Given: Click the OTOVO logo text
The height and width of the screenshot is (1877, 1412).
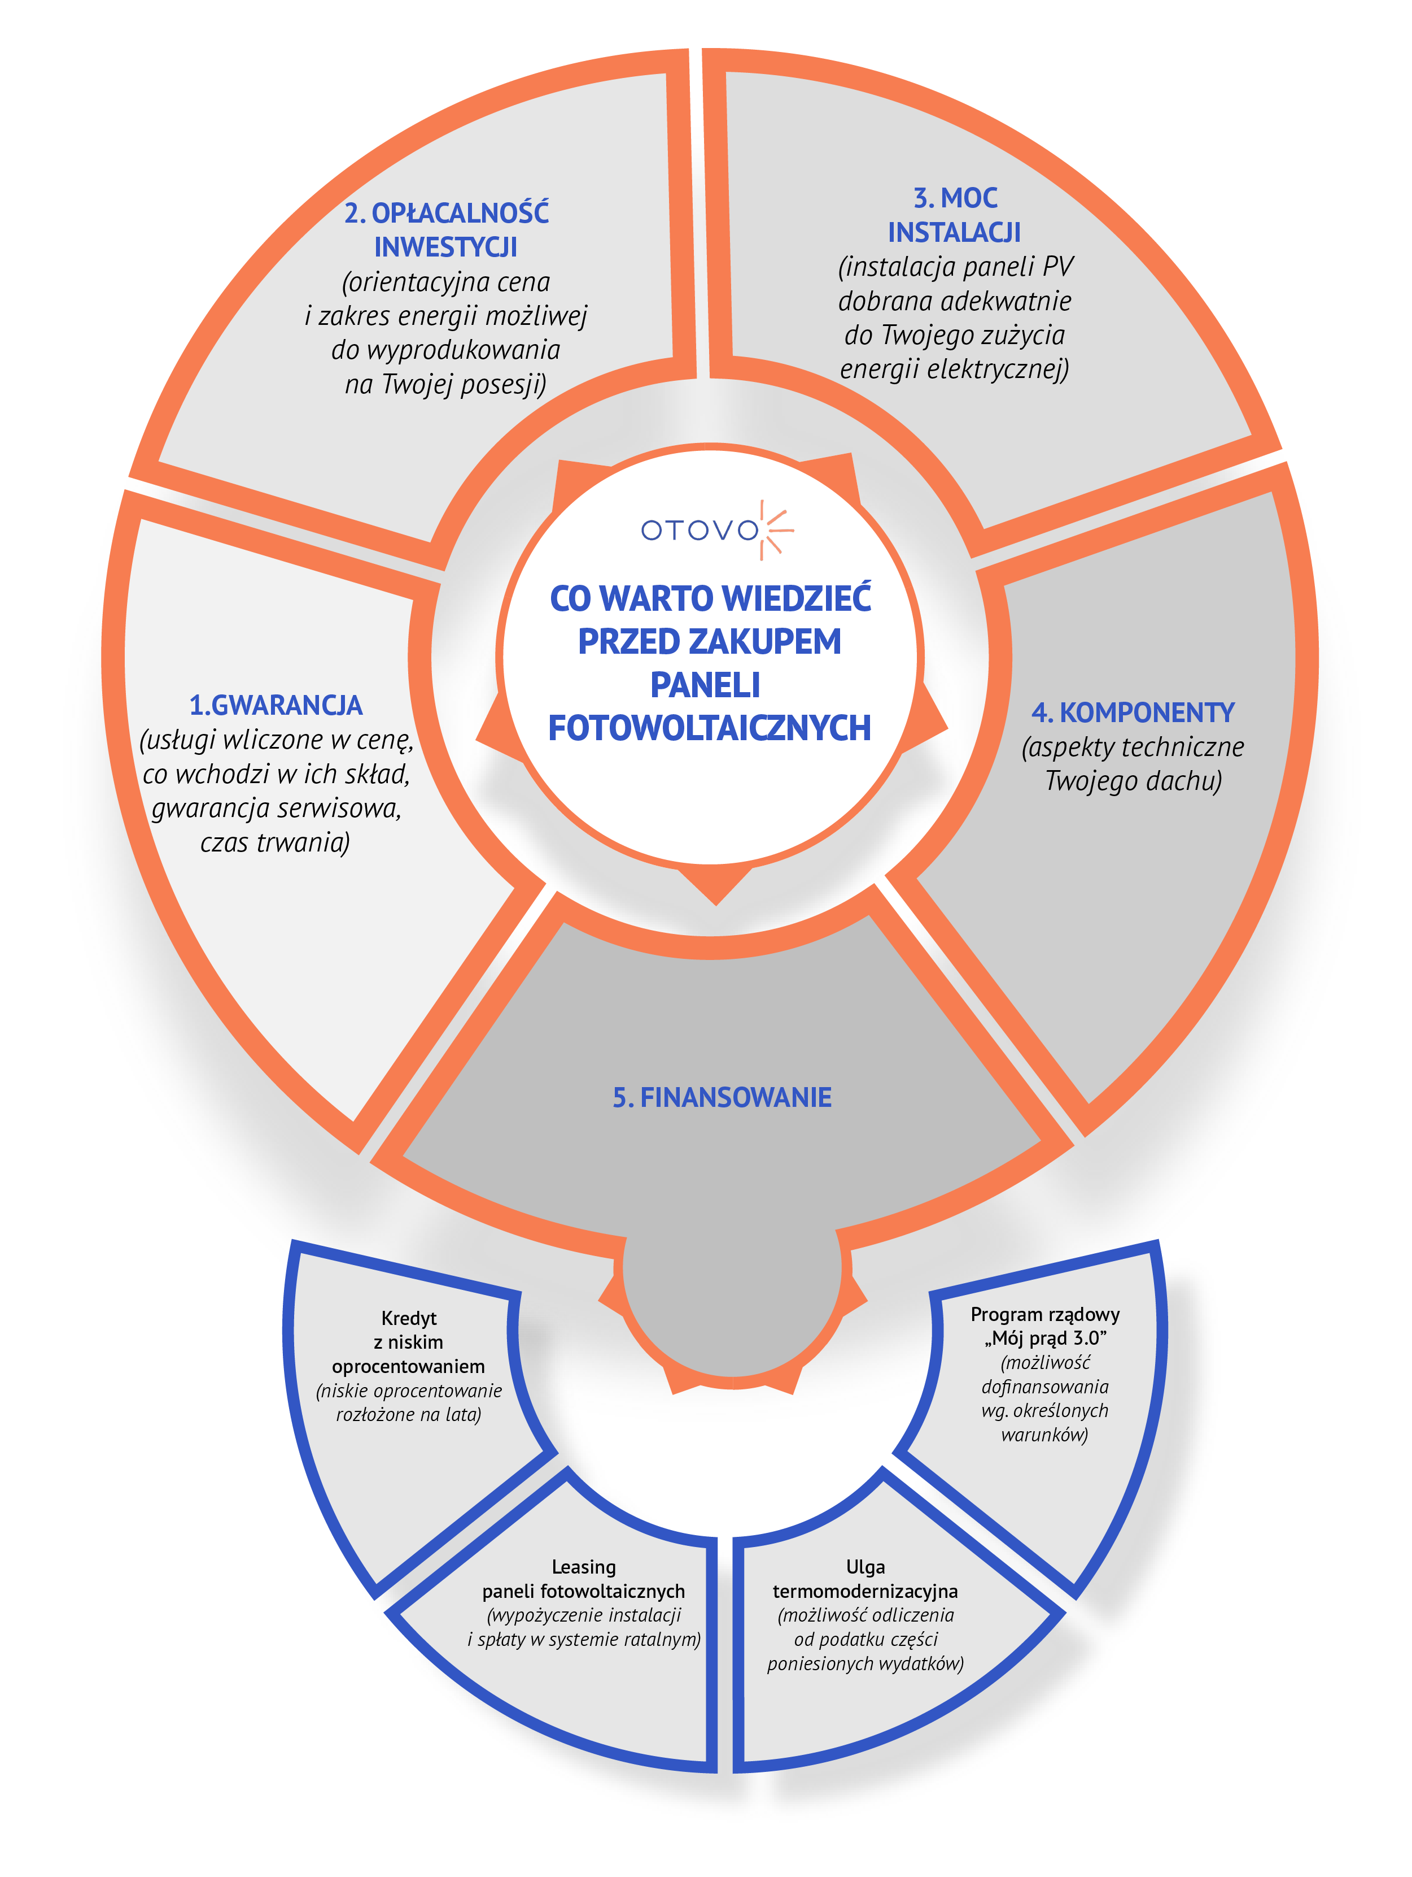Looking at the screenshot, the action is coord(700,531).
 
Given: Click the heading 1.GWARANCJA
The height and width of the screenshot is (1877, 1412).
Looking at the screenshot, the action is coord(276,705).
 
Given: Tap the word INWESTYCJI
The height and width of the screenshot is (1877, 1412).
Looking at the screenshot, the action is coord(446,247).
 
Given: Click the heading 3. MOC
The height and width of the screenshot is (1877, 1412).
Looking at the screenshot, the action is coord(955,198).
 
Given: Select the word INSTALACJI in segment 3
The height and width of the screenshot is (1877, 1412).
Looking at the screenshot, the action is coord(954,232).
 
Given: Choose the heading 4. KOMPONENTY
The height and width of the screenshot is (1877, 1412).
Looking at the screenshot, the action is coord(1133,712).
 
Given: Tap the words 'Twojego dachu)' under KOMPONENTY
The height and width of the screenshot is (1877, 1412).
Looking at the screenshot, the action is coord(1133,781).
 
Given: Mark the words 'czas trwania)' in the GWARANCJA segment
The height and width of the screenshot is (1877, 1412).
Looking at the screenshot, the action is coord(276,842).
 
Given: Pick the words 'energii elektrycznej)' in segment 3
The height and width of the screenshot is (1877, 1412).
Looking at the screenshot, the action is coord(954,369).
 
